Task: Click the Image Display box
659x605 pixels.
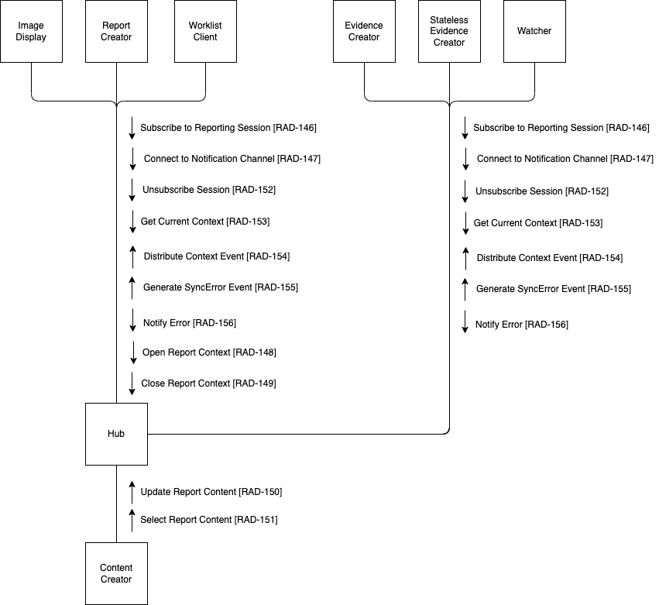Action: click(31, 31)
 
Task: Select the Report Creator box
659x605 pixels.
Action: click(116, 31)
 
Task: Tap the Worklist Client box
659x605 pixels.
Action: click(204, 31)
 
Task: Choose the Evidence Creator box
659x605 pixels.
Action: click(363, 31)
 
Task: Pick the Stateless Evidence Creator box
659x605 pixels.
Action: click(449, 31)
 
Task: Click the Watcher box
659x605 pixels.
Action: click(534, 31)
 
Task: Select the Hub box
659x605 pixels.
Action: click(116, 434)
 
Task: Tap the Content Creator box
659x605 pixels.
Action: click(116, 573)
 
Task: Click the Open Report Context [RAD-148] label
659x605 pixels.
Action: click(209, 352)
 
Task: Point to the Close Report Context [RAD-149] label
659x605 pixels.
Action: click(208, 383)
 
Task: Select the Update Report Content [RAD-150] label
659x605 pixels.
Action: click(211, 492)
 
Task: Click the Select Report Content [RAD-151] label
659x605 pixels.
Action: click(208, 520)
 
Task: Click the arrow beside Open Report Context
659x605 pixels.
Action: click(132, 352)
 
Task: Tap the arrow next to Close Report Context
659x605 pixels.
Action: click(132, 383)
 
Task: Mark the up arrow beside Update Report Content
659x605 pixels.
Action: click(132, 492)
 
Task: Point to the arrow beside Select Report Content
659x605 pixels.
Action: click(132, 520)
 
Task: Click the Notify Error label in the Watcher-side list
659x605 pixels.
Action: click(521, 325)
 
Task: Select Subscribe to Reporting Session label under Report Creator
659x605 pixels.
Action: click(228, 128)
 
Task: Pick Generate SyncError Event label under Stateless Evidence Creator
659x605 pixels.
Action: click(553, 289)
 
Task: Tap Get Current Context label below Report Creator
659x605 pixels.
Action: click(204, 222)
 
